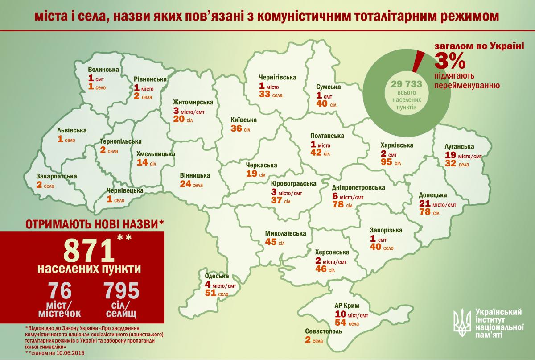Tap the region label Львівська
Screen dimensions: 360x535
[x=72, y=131]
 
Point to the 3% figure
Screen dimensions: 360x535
[x=450, y=59]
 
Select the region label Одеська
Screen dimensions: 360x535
[x=217, y=276]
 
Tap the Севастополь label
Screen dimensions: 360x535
[x=324, y=332]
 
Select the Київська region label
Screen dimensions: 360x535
[x=244, y=120]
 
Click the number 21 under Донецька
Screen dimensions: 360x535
[x=425, y=204]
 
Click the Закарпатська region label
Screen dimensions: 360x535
[x=57, y=176]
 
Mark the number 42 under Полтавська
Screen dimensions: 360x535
[x=317, y=153]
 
